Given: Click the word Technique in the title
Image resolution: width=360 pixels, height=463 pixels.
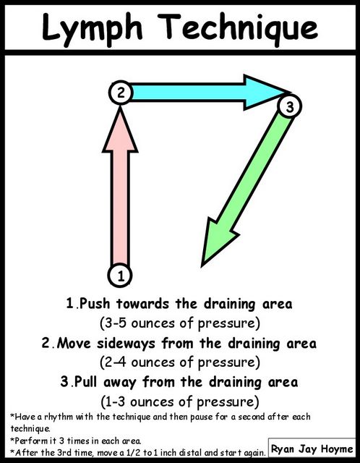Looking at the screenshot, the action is (x=239, y=27).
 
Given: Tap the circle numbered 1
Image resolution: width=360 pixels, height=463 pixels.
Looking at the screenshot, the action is (x=120, y=276).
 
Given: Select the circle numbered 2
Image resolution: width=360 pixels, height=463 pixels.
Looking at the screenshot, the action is (x=121, y=93).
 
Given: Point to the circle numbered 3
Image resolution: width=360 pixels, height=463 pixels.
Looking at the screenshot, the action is (x=289, y=106).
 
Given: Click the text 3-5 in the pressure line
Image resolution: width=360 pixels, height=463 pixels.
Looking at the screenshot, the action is (x=115, y=323).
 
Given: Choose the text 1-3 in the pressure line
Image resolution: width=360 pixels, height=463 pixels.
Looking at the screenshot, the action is (x=115, y=402).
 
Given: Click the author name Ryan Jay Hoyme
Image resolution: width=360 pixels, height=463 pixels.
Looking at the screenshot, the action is (x=312, y=450).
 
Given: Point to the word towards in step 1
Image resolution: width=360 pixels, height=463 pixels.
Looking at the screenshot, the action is (x=143, y=304).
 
